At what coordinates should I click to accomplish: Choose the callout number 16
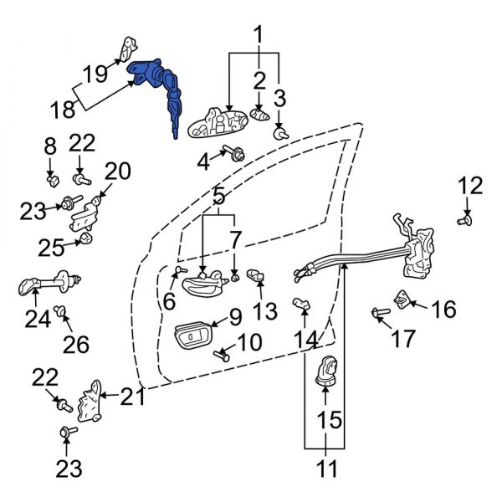443,310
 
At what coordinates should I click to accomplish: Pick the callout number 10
249,342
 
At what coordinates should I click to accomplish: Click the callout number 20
118,172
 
